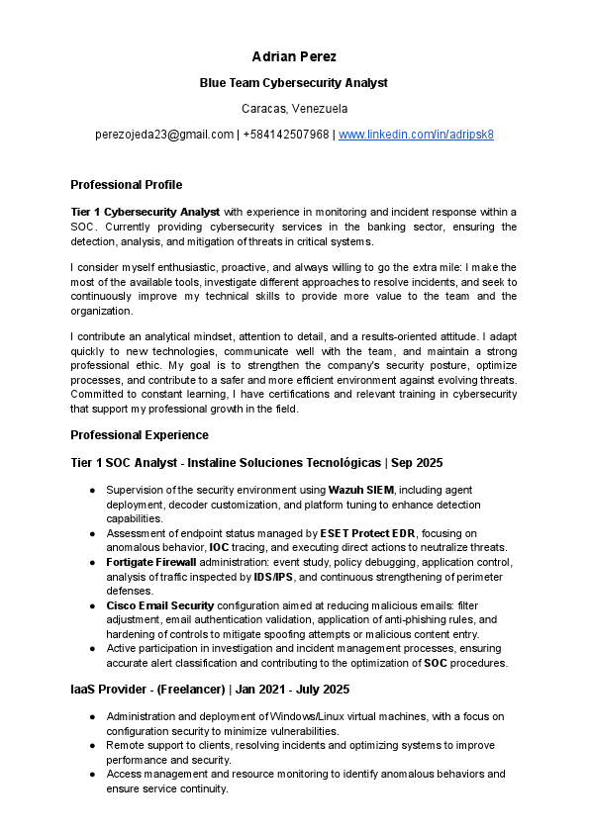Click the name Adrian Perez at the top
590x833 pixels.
click(x=294, y=56)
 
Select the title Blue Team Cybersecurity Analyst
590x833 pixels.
click(x=294, y=83)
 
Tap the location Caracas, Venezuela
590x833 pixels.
click(x=294, y=109)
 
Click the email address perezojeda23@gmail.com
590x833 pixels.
click(x=164, y=135)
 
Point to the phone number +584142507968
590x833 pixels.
click(x=286, y=135)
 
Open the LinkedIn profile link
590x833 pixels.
click(x=416, y=135)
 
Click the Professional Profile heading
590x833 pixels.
click(x=127, y=185)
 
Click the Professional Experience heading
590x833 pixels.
click(x=140, y=435)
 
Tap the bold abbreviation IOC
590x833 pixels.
click(x=220, y=548)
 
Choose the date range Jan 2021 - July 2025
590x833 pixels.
click(x=288, y=689)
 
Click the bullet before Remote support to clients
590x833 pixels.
click(x=92, y=746)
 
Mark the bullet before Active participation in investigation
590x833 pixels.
click(x=92, y=649)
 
